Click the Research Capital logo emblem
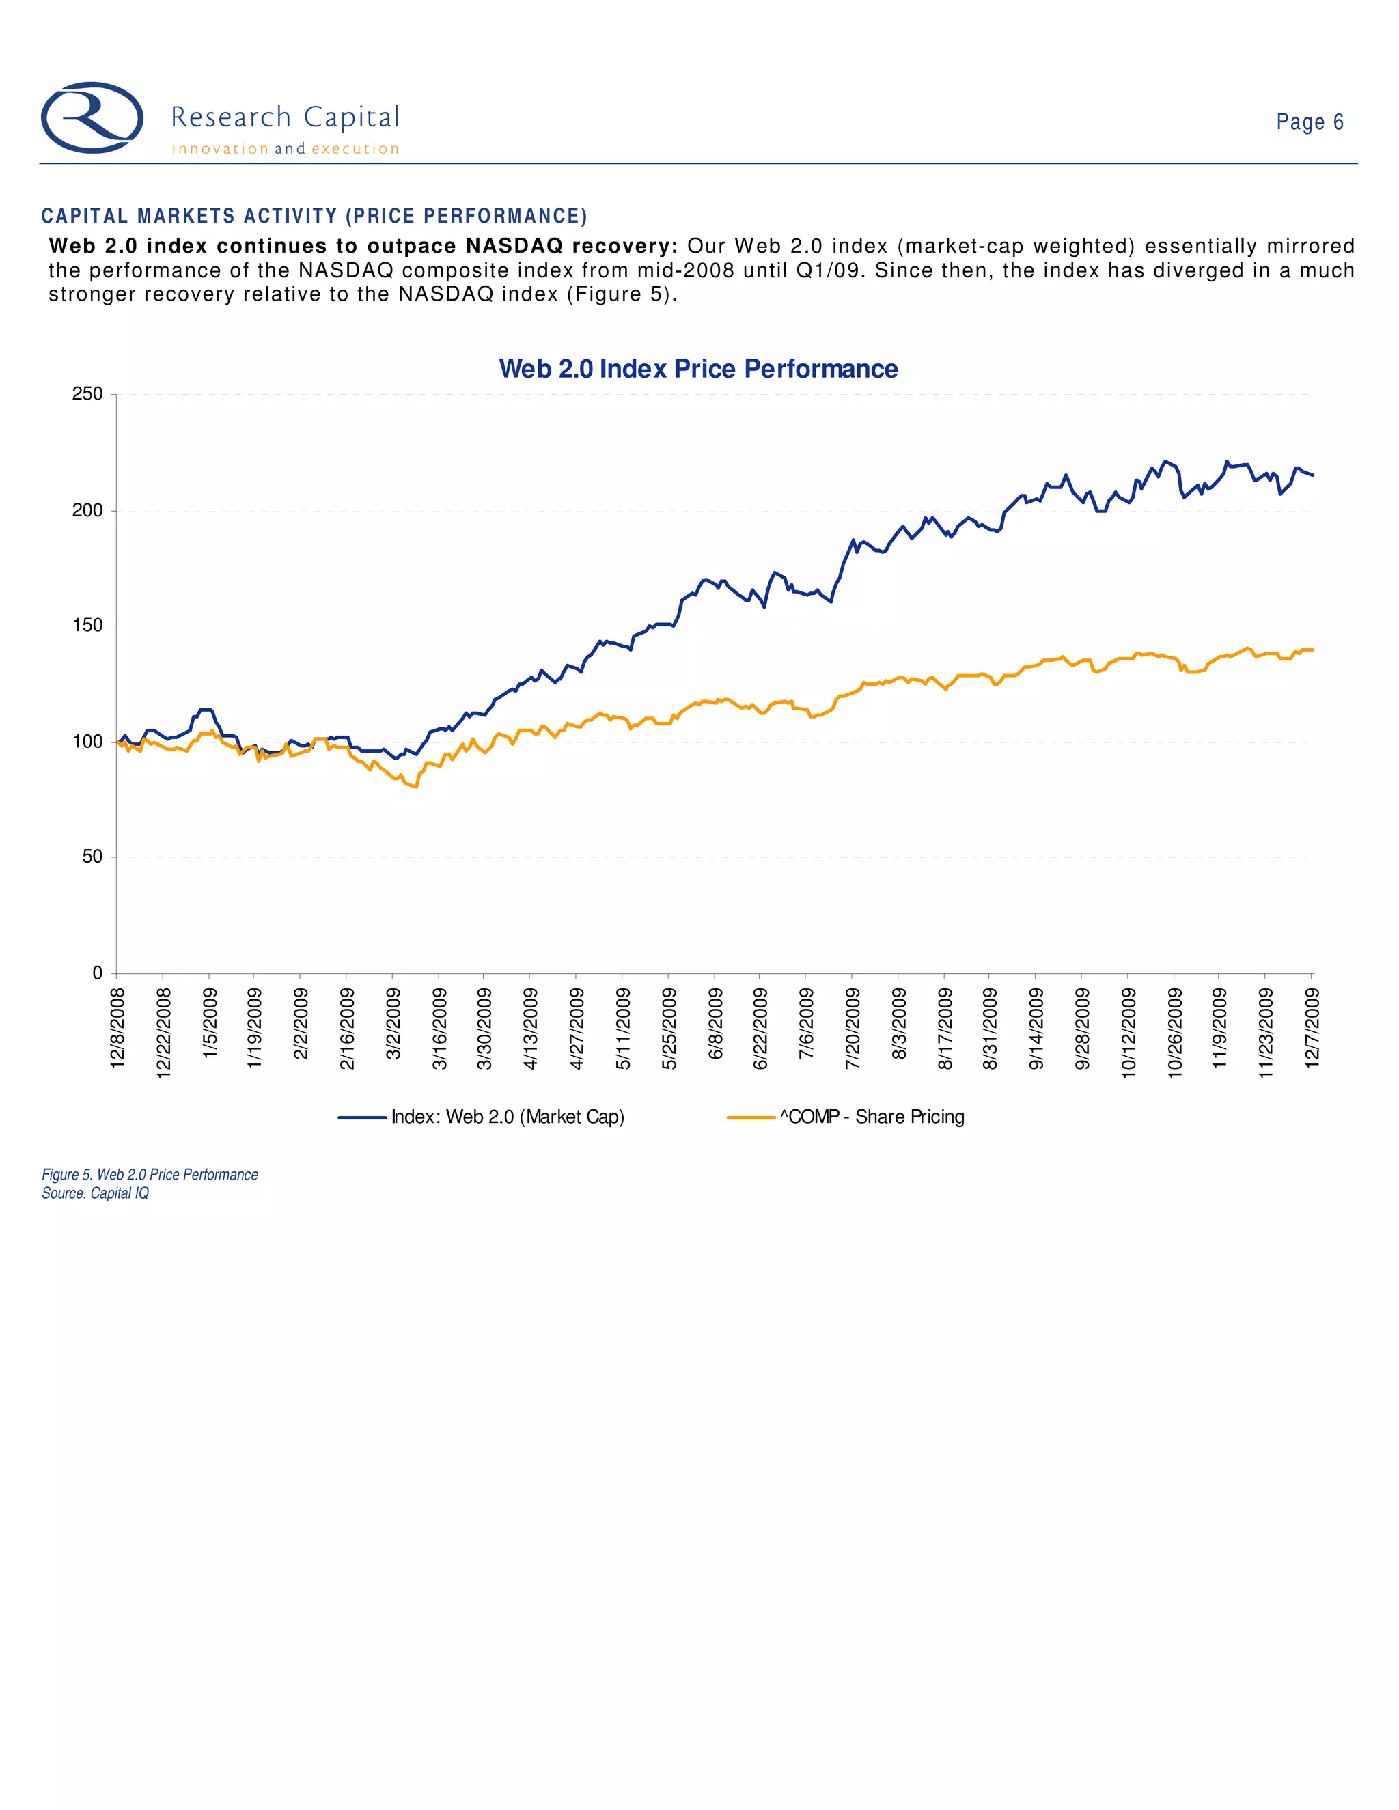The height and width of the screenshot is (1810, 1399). (x=92, y=117)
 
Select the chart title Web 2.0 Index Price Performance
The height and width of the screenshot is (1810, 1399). (x=698, y=369)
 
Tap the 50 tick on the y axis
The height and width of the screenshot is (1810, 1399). (x=92, y=857)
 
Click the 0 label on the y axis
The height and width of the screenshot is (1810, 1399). (x=97, y=973)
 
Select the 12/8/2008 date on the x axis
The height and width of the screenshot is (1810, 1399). (x=117, y=1028)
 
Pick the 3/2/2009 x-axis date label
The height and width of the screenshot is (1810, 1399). (x=393, y=1024)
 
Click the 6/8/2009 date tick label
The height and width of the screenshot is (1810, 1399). (x=715, y=1024)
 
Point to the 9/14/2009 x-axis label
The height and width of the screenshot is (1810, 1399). (x=1035, y=1028)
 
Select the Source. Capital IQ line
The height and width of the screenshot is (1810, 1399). (x=96, y=1193)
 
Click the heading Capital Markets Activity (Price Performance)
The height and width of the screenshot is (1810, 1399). (x=314, y=217)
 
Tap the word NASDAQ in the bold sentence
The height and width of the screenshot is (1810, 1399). (x=514, y=246)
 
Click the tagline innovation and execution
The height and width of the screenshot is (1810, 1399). (x=285, y=149)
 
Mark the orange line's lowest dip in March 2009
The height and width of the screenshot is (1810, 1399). (x=416, y=786)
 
